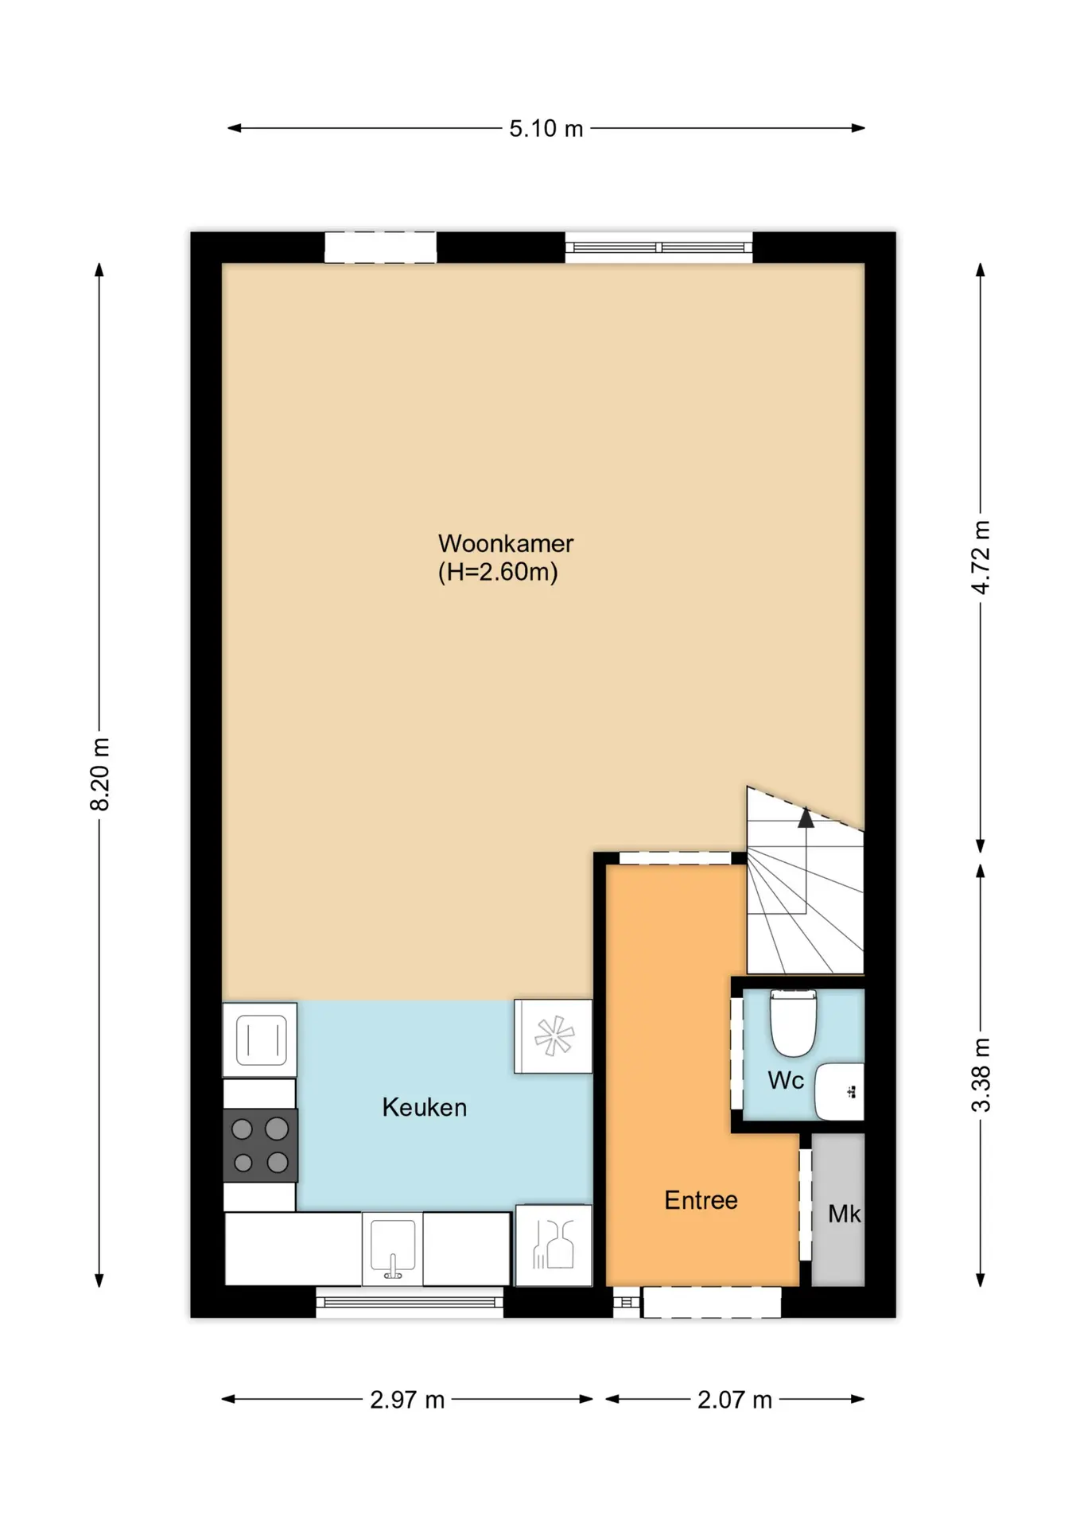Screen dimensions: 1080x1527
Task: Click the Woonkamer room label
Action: coord(506,544)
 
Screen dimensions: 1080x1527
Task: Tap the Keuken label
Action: coord(424,1107)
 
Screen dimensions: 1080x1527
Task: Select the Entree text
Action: coord(701,1200)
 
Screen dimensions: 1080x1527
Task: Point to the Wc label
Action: coord(785,1080)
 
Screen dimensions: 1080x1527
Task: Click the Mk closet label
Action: coord(844,1214)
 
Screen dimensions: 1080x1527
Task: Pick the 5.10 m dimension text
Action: coord(546,128)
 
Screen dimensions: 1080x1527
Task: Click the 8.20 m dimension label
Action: coord(99,774)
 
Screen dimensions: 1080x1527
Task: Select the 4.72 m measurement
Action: coord(981,557)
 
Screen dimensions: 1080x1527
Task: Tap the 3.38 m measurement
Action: coord(981,1074)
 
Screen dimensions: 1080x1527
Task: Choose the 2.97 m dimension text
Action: coord(407,1400)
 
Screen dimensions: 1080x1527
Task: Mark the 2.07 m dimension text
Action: coord(735,1400)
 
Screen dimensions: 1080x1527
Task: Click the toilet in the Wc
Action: coord(793,1022)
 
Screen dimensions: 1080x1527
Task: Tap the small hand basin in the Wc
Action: coord(839,1091)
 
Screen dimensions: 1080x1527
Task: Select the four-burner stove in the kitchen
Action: coord(260,1145)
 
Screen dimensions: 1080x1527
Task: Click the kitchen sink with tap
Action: coord(392,1248)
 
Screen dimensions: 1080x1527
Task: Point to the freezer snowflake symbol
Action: coord(554,1036)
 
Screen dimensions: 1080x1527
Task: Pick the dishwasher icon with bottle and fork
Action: coord(554,1245)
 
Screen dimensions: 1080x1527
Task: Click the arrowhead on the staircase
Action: coord(806,818)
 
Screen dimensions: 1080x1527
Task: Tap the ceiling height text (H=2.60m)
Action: coord(498,572)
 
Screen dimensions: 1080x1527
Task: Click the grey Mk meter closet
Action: coord(838,1210)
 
